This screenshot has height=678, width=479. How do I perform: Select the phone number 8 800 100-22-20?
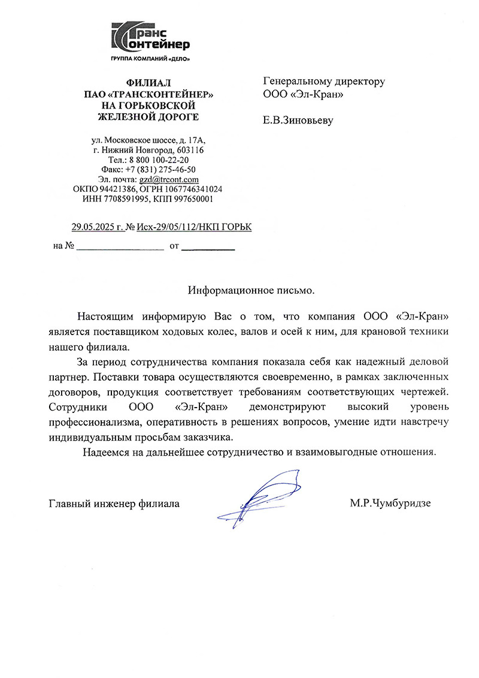click(158, 160)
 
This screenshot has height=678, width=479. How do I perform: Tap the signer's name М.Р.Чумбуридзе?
click(390, 504)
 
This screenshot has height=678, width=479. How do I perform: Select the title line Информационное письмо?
click(251, 290)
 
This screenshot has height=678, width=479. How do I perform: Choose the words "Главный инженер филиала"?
click(114, 504)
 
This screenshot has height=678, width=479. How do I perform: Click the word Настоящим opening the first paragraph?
click(106, 316)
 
